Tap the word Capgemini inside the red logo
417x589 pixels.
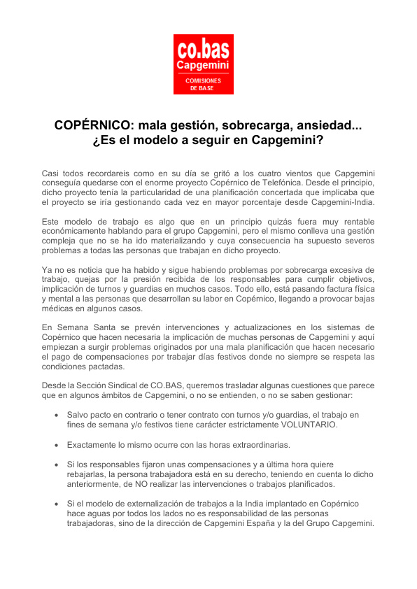pyautogui.click(x=203, y=66)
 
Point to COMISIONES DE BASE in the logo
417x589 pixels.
pyautogui.click(x=203, y=85)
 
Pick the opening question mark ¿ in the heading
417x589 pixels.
pyautogui.click(x=96, y=140)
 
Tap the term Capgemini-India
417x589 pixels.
pyautogui.click(x=335, y=202)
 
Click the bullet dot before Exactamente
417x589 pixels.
pyautogui.click(x=57, y=445)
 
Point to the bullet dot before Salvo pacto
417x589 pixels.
pyautogui.click(x=57, y=416)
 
